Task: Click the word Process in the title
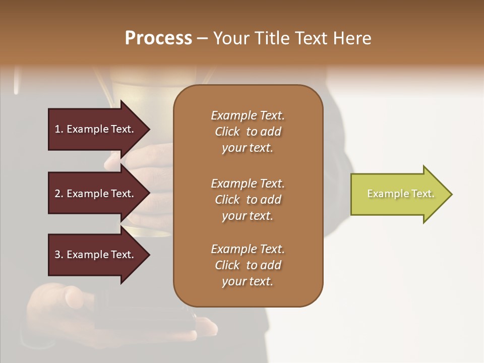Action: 158,38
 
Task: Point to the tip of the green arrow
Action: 451,194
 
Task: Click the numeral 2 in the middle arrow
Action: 57,194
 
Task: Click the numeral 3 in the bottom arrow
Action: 57,255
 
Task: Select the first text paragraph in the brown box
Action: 248,132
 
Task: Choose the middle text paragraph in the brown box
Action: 248,200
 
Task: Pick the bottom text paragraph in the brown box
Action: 248,265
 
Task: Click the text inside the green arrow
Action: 401,194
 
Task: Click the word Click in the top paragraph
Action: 227,132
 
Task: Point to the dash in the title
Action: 202,39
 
